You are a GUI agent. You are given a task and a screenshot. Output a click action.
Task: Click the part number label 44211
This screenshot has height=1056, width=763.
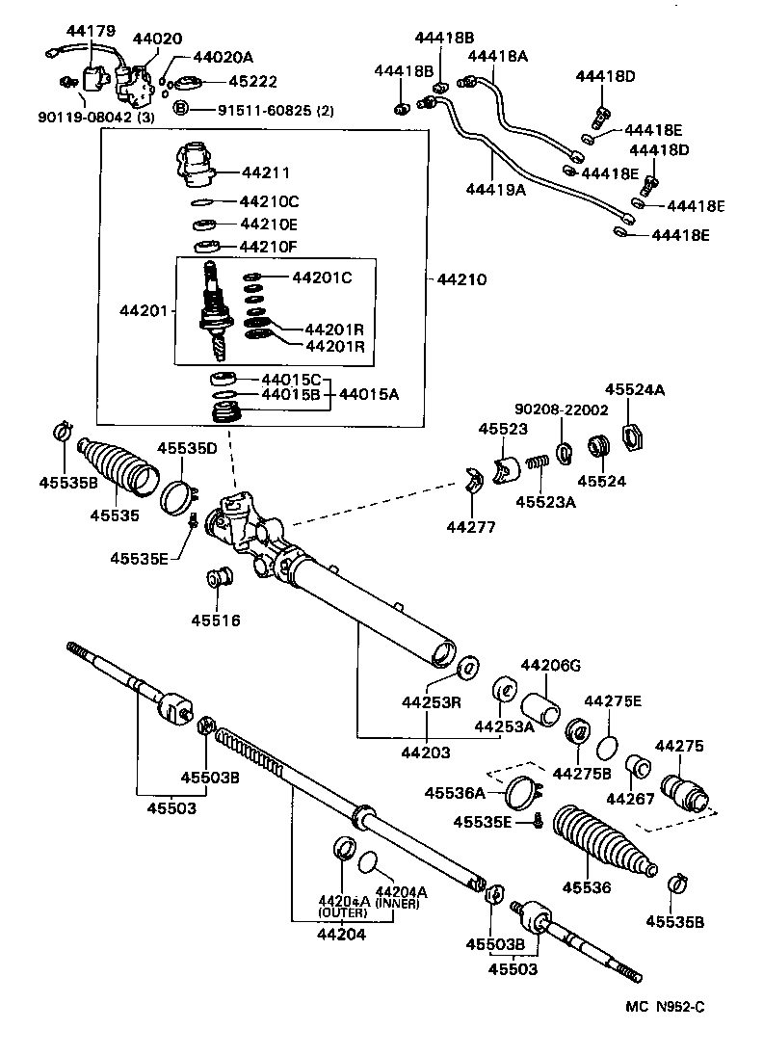pyautogui.click(x=265, y=173)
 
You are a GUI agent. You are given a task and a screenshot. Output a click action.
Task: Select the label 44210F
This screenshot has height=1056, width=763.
pyautogui.click(x=269, y=247)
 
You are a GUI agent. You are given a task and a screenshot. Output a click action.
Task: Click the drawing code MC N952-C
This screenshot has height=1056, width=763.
pyautogui.click(x=666, y=1007)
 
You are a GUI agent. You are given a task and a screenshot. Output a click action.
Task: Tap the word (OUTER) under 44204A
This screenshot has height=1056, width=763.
pyautogui.click(x=337, y=911)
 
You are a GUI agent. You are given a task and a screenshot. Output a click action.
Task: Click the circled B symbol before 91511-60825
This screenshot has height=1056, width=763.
pyautogui.click(x=180, y=110)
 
